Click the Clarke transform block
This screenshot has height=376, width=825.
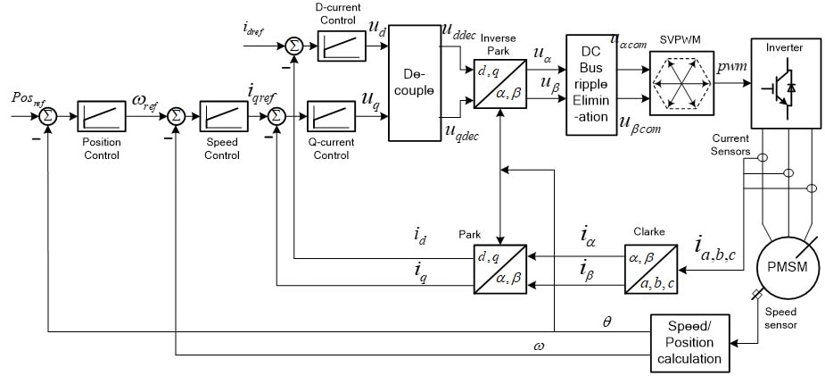648,266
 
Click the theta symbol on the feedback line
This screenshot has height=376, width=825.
607,319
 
